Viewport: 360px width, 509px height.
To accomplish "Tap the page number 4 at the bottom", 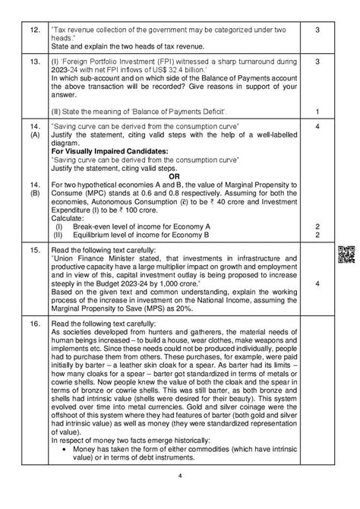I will [x=180, y=497].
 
